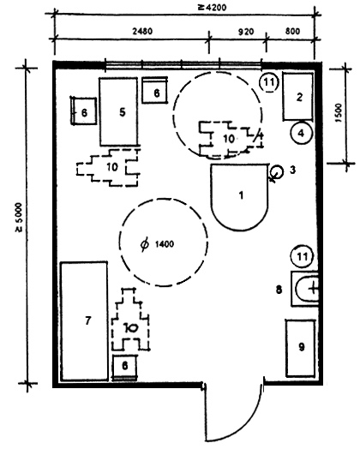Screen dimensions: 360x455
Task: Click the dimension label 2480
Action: click(142, 31)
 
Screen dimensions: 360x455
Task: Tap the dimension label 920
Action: click(246, 32)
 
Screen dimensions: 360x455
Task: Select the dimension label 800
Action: click(292, 31)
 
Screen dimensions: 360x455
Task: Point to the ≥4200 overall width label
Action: click(212, 7)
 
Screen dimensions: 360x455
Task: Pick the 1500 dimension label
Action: click(339, 113)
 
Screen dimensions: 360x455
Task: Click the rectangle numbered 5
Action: click(119, 111)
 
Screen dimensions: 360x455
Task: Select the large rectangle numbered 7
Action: click(84, 321)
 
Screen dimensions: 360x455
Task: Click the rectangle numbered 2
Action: click(298, 97)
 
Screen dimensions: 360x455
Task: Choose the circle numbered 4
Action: click(301, 133)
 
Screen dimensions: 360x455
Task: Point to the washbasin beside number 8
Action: click(305, 289)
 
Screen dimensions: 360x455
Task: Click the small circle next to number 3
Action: click(277, 171)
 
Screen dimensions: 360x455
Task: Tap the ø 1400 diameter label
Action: click(158, 244)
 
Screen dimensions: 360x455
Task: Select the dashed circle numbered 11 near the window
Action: click(268, 82)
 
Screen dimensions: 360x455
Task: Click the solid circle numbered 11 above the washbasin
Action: click(302, 256)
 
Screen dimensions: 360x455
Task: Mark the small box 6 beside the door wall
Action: click(124, 367)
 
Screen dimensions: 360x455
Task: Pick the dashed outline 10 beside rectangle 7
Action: click(130, 320)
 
